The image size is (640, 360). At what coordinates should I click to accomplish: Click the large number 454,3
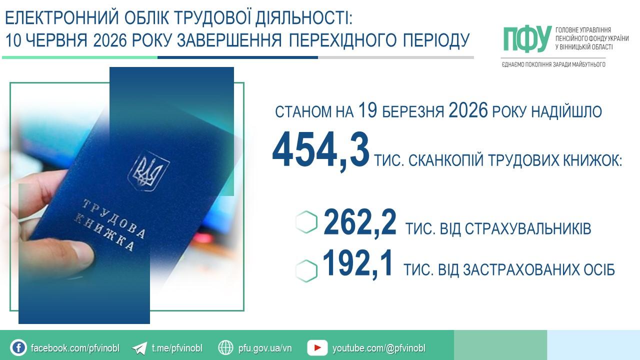point(320,150)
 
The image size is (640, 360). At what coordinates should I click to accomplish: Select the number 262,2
point(360,223)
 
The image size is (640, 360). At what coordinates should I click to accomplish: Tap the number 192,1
point(357,263)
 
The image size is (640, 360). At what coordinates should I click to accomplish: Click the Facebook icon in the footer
point(18,348)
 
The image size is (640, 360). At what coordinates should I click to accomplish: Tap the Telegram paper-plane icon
point(139,348)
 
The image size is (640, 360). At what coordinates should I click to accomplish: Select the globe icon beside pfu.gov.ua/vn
point(225,347)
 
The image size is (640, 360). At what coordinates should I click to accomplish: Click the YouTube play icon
point(317,347)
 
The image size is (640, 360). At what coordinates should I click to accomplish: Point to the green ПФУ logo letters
point(527,39)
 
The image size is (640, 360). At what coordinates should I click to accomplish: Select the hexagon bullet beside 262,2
point(306,223)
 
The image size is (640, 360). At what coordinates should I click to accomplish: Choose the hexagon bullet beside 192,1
point(306,271)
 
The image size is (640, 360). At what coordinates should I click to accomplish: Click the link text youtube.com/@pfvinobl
point(379,348)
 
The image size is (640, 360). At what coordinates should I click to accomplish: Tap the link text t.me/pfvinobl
point(177,348)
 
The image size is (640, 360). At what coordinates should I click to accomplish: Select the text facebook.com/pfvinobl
point(75,348)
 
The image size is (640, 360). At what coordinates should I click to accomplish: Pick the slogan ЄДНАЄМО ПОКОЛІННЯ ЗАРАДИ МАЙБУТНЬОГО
point(553,64)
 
